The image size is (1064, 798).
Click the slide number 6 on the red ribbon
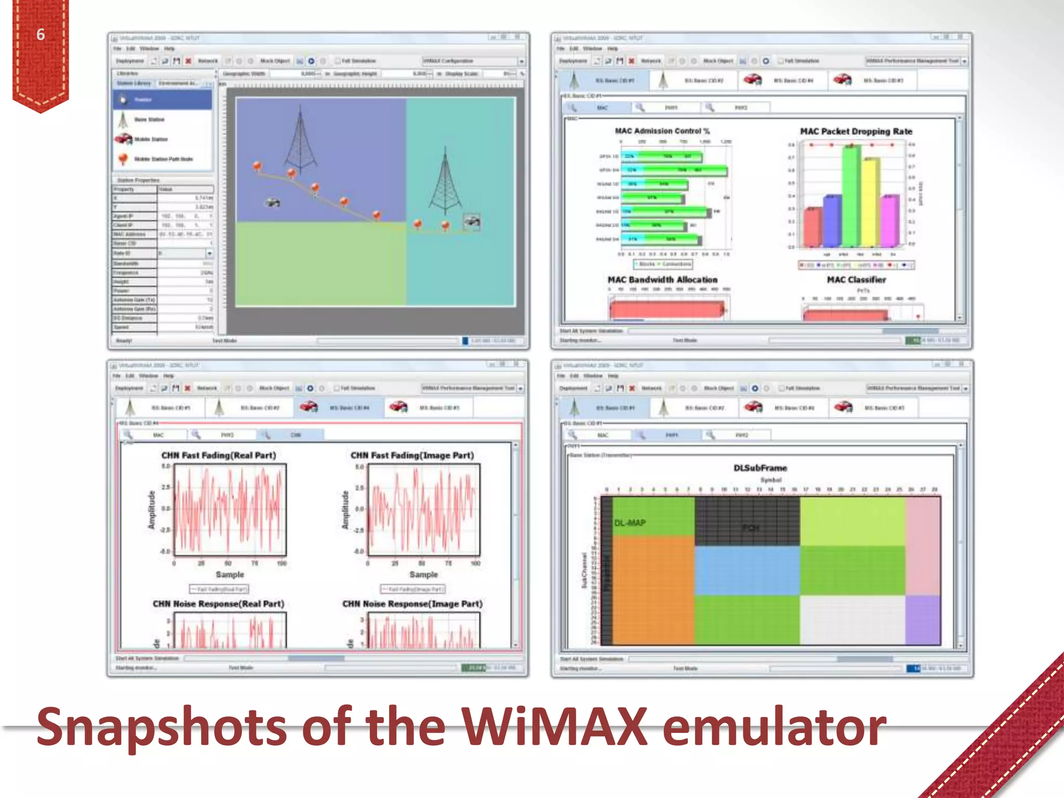(x=41, y=35)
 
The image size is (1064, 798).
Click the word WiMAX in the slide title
(x=555, y=727)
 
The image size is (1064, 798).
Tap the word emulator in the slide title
(x=774, y=727)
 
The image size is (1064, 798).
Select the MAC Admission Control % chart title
(x=662, y=131)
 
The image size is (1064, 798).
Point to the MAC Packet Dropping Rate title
(x=856, y=131)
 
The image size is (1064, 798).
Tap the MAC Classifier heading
(x=856, y=280)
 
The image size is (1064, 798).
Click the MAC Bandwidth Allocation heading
(x=662, y=280)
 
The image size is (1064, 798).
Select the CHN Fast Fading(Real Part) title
(x=218, y=455)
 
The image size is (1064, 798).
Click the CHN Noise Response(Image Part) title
(x=412, y=604)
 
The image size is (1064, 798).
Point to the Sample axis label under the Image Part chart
(x=423, y=575)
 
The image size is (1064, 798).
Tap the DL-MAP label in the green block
(x=630, y=523)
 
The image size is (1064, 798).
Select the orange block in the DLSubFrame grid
(x=653, y=590)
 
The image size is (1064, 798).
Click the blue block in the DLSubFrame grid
(x=747, y=570)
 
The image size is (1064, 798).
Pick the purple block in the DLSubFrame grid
(x=923, y=619)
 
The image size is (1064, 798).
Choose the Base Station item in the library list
(x=149, y=119)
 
